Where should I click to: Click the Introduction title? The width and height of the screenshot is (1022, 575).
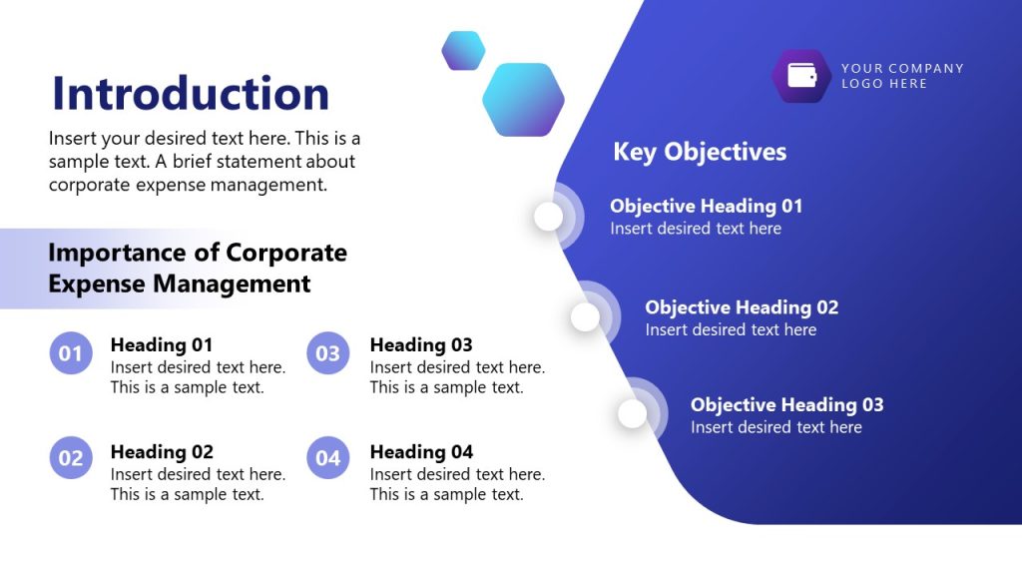(191, 94)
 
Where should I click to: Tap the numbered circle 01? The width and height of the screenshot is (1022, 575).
(71, 353)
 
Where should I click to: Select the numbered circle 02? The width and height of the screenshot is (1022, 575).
(71, 458)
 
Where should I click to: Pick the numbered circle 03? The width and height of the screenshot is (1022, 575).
(328, 353)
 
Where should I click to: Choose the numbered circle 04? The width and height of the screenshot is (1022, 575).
(328, 458)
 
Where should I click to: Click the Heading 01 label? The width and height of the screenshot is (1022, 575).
(162, 345)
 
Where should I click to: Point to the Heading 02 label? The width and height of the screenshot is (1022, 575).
(162, 452)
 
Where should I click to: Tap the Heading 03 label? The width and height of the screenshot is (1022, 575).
(421, 345)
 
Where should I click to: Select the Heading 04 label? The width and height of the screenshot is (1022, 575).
(421, 452)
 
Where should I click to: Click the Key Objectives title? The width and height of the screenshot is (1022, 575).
(700, 152)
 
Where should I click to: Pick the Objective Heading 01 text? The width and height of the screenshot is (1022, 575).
(707, 207)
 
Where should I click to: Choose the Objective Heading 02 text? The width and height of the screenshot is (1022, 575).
(742, 307)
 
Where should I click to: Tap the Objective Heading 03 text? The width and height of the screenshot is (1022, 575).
(787, 405)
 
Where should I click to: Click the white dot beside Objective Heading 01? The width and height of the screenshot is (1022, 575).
(549, 217)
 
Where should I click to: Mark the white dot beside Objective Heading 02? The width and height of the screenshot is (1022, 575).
(586, 317)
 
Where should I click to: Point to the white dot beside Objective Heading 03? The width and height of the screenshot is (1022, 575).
(633, 413)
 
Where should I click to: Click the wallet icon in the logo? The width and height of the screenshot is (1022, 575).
(801, 76)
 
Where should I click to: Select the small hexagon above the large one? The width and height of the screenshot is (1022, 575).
(463, 51)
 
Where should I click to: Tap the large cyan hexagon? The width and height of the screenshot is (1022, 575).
(523, 100)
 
